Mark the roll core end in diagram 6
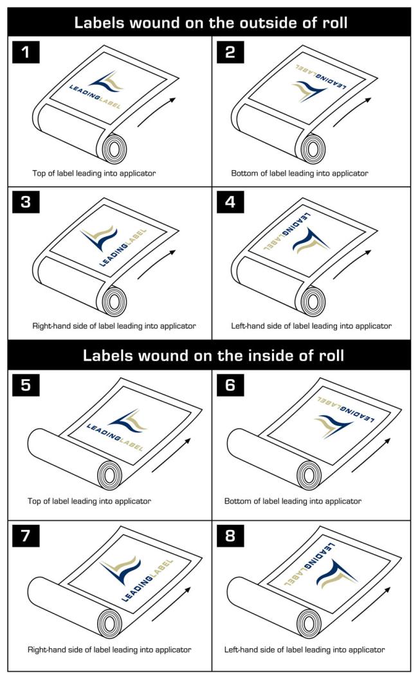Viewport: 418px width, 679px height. [x=309, y=475]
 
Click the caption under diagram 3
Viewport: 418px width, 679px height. [x=114, y=326]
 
